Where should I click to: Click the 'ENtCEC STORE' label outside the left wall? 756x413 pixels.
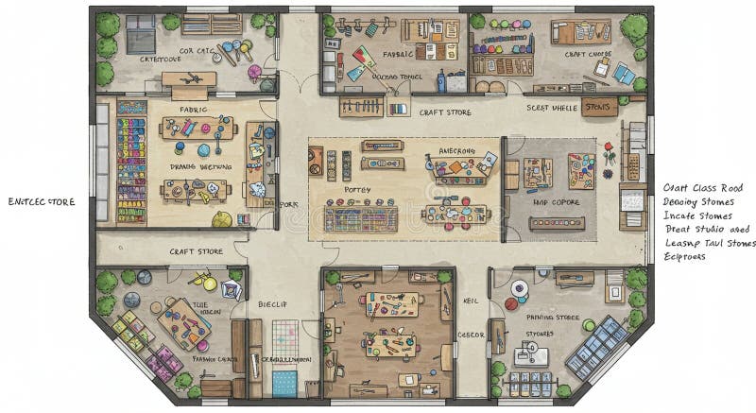click(41, 201)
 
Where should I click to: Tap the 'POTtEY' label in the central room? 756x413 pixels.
click(356, 190)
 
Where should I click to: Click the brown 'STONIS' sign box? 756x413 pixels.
click(598, 108)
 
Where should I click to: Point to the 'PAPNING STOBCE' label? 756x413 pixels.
click(553, 318)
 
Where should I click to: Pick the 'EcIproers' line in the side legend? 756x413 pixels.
click(685, 256)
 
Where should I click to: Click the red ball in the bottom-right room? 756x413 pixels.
click(510, 304)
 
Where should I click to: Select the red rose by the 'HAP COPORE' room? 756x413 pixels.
click(610, 148)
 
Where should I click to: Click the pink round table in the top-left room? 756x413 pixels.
click(254, 72)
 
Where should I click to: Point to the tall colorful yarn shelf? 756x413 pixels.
click(131, 161)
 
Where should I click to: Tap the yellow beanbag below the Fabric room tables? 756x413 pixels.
click(222, 219)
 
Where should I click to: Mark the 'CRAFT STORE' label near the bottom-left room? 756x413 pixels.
click(196, 251)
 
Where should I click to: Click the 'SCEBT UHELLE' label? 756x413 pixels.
click(551, 108)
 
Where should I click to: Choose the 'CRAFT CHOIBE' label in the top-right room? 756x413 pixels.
click(588, 55)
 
